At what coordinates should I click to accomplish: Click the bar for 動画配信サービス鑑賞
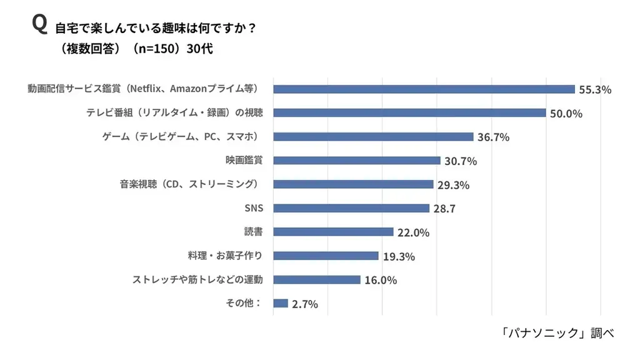(424, 89)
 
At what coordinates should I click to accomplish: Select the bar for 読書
(333, 232)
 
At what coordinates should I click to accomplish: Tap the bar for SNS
(351, 208)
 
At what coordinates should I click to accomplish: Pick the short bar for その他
(281, 304)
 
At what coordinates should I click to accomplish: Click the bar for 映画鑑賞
(357, 161)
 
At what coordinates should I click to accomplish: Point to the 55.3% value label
(594, 90)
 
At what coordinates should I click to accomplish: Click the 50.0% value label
(566, 114)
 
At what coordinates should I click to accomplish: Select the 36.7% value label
(493, 137)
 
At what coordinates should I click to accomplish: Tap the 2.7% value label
(305, 304)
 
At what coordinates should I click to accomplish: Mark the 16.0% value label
(381, 281)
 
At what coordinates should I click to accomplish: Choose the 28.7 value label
(444, 209)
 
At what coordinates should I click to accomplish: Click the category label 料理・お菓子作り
(226, 256)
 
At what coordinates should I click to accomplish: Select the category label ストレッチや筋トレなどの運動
(197, 279)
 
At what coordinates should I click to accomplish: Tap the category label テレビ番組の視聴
(174, 113)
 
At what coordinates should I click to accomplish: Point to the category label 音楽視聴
(188, 184)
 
